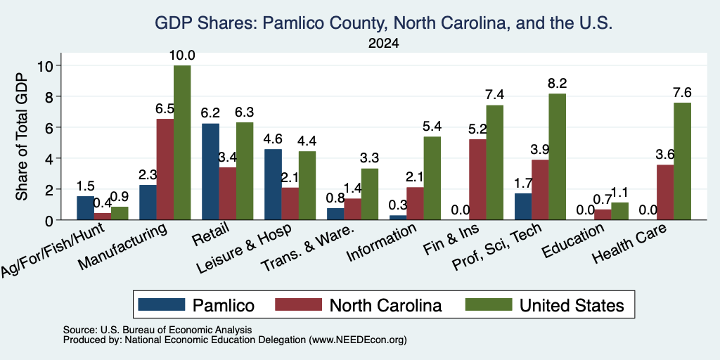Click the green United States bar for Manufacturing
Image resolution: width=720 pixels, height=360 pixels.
pos(182,142)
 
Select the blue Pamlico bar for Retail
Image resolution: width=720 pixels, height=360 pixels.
pos(210,172)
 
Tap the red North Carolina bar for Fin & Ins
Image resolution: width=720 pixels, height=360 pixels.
pos(477,179)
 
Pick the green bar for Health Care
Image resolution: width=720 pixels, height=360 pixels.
pos(682,161)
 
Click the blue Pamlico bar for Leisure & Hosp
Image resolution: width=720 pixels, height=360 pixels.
pos(274,184)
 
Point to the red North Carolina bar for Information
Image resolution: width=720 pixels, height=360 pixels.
pos(415,203)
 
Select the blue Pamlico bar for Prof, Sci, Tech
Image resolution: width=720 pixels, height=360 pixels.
pos(523,207)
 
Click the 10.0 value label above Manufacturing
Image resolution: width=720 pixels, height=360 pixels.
pos(182,56)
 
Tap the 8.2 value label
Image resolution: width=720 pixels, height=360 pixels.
pos(557,83)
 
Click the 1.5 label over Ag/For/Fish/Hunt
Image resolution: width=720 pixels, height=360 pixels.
pos(85,186)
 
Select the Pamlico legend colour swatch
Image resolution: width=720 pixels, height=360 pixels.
pos(162,304)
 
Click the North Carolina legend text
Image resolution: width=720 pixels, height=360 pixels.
pos(386,305)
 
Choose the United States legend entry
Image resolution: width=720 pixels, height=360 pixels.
pos(545,305)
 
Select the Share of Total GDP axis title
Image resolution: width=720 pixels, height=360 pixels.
pos(22,136)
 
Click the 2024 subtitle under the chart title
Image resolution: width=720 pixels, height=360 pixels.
pos(383,44)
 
